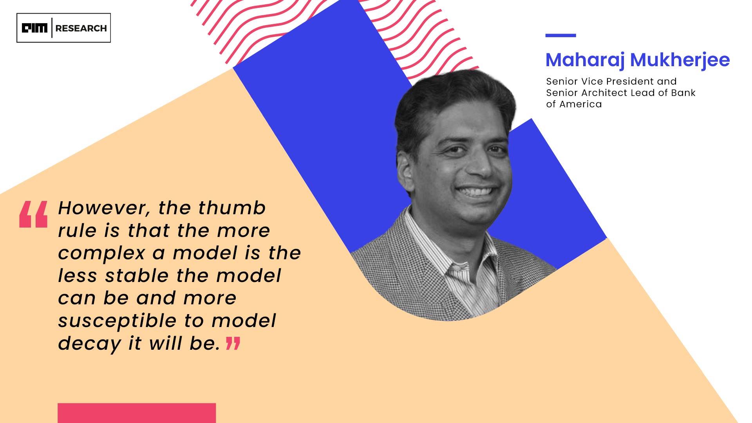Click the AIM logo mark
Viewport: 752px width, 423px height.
tap(34, 28)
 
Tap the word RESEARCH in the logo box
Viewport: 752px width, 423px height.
tap(81, 28)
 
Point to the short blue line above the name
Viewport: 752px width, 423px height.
tap(560, 35)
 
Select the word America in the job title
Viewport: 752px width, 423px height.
tap(580, 104)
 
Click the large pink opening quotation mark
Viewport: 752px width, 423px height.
tap(34, 214)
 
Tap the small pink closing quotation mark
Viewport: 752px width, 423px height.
tap(233, 343)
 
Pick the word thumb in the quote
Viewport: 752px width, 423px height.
tap(232, 208)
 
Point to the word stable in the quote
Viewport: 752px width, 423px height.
tap(137, 275)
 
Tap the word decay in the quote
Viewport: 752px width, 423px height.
tap(90, 344)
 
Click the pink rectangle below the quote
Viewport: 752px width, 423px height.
tap(137, 413)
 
